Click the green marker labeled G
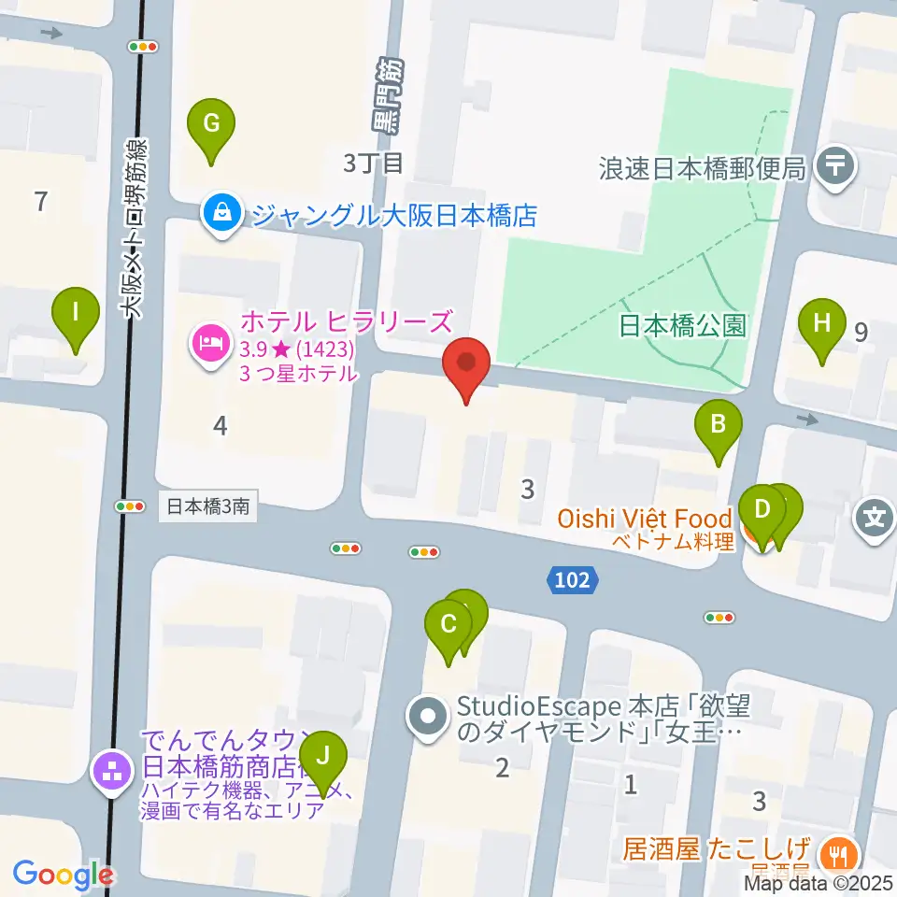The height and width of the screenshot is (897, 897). click(x=211, y=123)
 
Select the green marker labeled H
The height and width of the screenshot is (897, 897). click(x=821, y=323)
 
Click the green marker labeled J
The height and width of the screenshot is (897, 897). click(x=323, y=754)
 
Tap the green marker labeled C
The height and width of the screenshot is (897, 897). click(x=448, y=623)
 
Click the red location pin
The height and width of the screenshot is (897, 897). click(x=469, y=363)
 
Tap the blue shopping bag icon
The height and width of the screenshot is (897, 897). click(x=223, y=215)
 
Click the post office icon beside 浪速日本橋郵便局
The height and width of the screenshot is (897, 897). click(x=834, y=168)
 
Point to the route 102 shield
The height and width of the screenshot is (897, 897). click(x=571, y=580)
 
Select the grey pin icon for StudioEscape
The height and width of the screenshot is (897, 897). click(x=429, y=718)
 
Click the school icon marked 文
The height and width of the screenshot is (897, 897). click(x=875, y=515)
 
